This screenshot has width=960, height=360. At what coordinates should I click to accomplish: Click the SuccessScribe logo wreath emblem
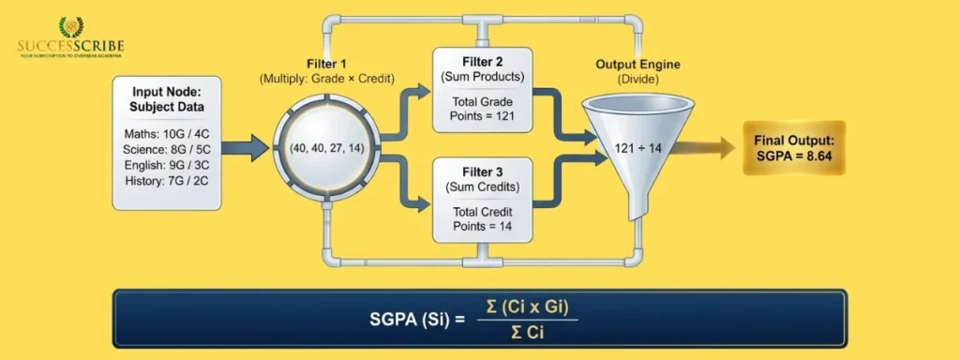70,27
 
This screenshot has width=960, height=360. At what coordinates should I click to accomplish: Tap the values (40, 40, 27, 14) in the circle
328,147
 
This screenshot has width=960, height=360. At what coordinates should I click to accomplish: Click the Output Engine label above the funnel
637,65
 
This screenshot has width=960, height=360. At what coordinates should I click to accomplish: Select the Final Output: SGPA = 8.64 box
793,147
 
